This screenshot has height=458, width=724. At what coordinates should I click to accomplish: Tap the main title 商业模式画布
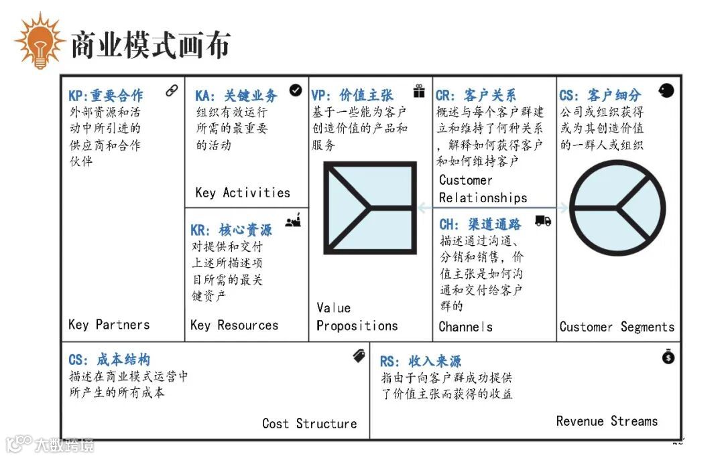[x=150, y=44]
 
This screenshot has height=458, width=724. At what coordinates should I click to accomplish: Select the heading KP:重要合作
[x=105, y=96]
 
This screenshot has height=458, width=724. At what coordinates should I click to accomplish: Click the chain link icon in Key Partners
[x=172, y=90]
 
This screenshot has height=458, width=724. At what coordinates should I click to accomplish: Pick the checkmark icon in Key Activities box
[x=296, y=90]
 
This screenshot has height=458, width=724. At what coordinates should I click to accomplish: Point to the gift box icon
[x=420, y=91]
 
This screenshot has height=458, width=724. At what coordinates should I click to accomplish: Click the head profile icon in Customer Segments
[x=666, y=90]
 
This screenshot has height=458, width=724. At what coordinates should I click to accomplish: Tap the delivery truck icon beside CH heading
[x=543, y=220]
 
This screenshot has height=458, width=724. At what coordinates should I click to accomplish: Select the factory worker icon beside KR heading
[x=293, y=221]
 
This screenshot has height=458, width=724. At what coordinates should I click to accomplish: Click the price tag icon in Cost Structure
[x=360, y=357]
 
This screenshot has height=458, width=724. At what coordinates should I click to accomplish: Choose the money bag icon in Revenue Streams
[x=668, y=357]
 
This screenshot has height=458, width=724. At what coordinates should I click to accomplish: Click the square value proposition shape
[x=370, y=208]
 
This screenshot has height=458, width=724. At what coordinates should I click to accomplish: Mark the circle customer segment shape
[x=617, y=208]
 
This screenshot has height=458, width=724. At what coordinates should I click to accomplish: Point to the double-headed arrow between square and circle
[x=493, y=208]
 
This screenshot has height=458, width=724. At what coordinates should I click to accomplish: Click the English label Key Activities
[x=243, y=193]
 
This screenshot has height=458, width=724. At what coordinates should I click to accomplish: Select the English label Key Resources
[x=234, y=325]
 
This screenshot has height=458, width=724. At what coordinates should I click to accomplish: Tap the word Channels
[x=465, y=327]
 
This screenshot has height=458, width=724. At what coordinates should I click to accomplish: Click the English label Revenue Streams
[x=607, y=421]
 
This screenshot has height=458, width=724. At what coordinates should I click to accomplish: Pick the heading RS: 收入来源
[x=420, y=362]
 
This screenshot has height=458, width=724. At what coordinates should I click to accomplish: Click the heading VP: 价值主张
[x=352, y=96]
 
